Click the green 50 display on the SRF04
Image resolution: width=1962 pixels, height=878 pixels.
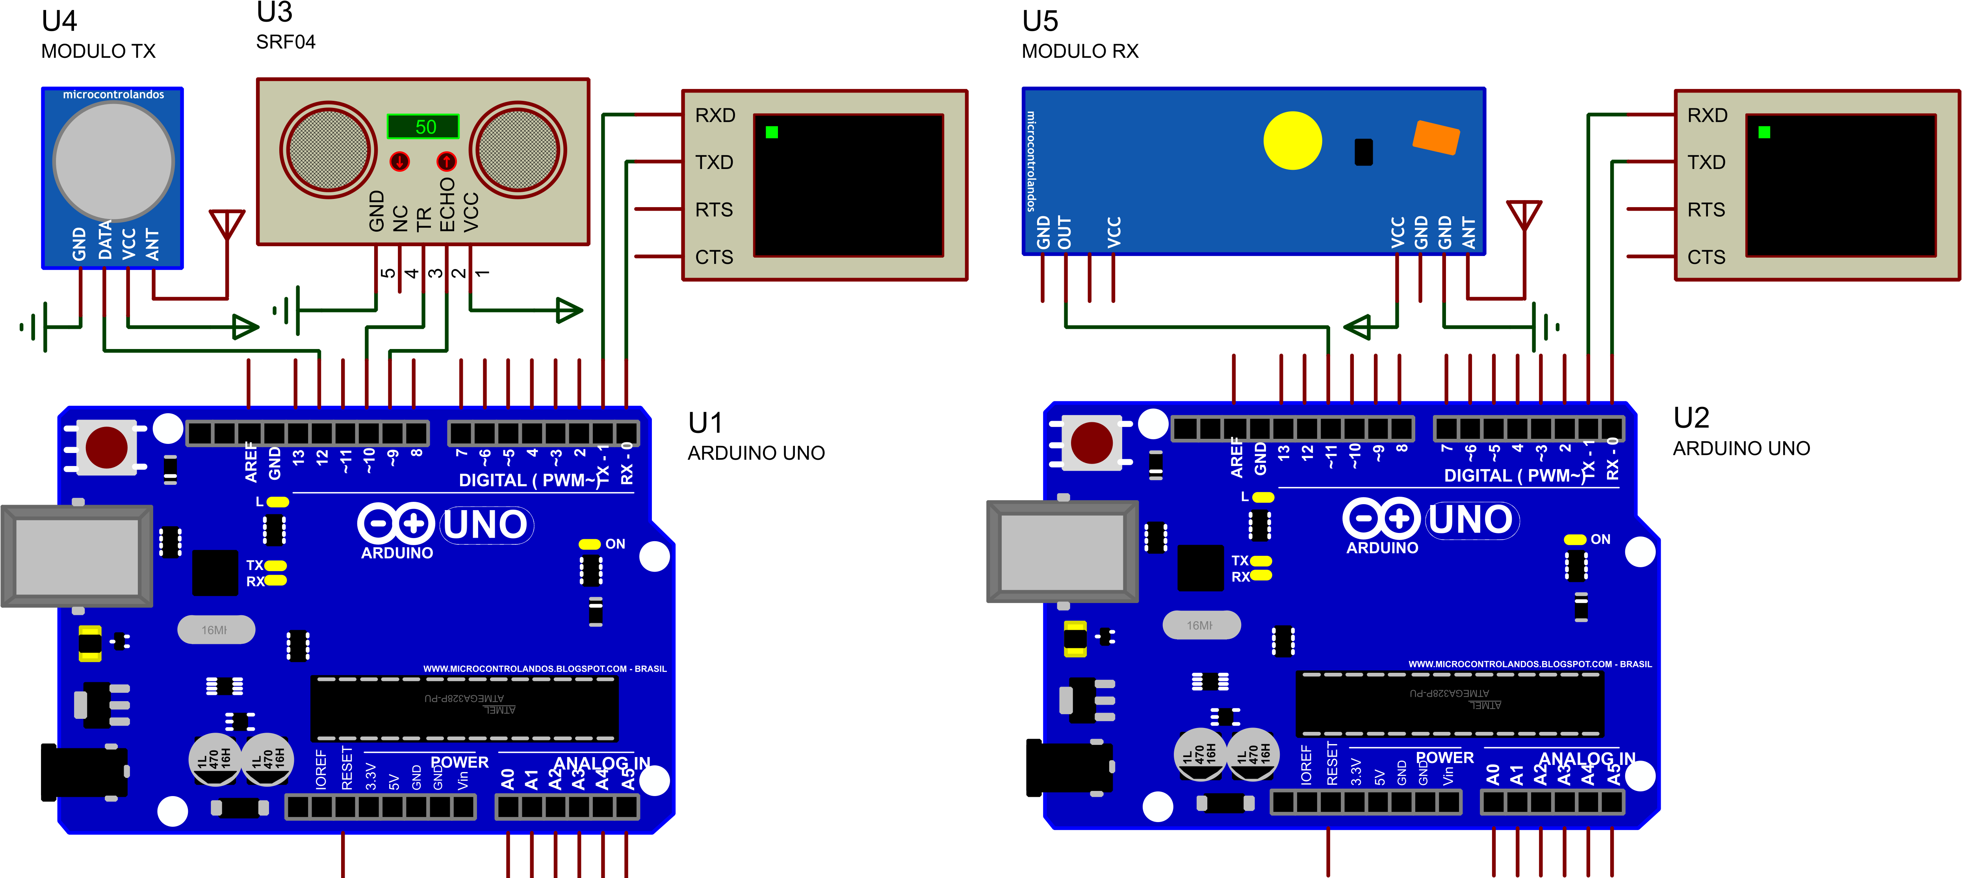(423, 126)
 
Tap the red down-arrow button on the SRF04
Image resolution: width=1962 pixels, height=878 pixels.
(399, 161)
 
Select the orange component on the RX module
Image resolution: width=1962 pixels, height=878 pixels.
(1436, 137)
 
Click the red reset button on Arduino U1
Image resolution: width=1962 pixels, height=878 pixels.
(107, 447)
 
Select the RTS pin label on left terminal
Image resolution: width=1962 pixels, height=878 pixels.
(714, 210)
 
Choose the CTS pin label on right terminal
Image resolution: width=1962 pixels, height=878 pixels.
(1706, 257)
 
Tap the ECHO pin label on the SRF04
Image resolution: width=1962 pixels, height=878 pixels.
(447, 204)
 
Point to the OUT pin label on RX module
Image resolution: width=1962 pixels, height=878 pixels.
(1065, 232)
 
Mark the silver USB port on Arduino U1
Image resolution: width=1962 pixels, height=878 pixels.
(76, 556)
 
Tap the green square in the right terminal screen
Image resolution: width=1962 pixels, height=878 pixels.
(1764, 132)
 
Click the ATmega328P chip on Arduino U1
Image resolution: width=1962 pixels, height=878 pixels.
(464, 708)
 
